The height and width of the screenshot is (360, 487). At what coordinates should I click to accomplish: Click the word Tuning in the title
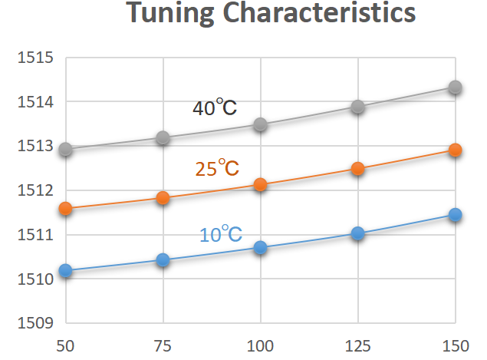point(169,15)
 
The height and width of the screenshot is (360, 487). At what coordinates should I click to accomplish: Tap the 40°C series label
point(215,107)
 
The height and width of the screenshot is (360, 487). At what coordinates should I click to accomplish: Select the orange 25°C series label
point(217,167)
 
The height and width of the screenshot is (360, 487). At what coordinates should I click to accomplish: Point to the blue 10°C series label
point(221,234)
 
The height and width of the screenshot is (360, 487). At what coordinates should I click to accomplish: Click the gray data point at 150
point(455,87)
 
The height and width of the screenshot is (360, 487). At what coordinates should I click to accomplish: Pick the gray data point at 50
point(65,149)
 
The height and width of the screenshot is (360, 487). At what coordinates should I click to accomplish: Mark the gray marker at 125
point(357,107)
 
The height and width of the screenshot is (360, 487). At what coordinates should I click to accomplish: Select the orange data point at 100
point(260,184)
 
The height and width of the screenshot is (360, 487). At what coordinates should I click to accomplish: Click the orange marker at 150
point(455,150)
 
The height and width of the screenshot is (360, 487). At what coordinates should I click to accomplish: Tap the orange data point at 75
point(163,197)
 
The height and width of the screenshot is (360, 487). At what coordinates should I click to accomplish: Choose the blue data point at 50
point(65,270)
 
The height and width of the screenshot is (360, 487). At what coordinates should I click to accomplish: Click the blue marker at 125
point(357,233)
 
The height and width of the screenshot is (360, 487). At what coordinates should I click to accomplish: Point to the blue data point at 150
point(455,214)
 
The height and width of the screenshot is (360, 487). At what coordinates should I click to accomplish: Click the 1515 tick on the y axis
point(35,58)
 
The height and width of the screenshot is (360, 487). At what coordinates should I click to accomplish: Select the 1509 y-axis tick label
point(35,322)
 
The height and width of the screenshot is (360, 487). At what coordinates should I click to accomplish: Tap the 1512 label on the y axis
point(35,190)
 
